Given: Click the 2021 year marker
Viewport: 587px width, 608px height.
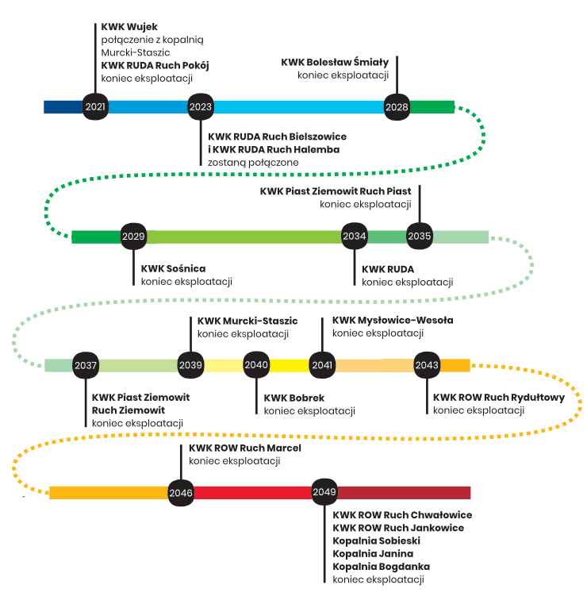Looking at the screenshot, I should point(95,107).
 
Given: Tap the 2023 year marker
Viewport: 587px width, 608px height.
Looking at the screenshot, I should point(201,107).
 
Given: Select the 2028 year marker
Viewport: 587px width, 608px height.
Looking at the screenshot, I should point(397,107).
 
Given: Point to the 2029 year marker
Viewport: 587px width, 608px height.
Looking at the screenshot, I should point(133,237).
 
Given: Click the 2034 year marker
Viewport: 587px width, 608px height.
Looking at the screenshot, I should point(355,237).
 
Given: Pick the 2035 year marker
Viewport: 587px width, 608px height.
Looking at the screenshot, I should point(420,237).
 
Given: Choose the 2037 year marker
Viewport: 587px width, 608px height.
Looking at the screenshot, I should point(86,365).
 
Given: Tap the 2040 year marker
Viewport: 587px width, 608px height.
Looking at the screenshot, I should point(256,365).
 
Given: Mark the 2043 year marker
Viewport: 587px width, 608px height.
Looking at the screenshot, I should point(427,365).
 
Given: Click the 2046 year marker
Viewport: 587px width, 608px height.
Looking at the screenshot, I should point(181,493).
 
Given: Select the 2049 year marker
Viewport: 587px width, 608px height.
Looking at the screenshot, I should point(324,493).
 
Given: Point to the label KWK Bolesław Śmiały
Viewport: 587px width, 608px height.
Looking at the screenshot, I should point(335,62).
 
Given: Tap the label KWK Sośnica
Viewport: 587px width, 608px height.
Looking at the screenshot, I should point(174,269).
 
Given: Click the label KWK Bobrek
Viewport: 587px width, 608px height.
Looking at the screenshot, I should point(294,398).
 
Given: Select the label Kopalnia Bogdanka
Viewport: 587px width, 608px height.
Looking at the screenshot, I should point(382,566).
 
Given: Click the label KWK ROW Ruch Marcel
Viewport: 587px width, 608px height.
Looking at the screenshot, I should point(245,448).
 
